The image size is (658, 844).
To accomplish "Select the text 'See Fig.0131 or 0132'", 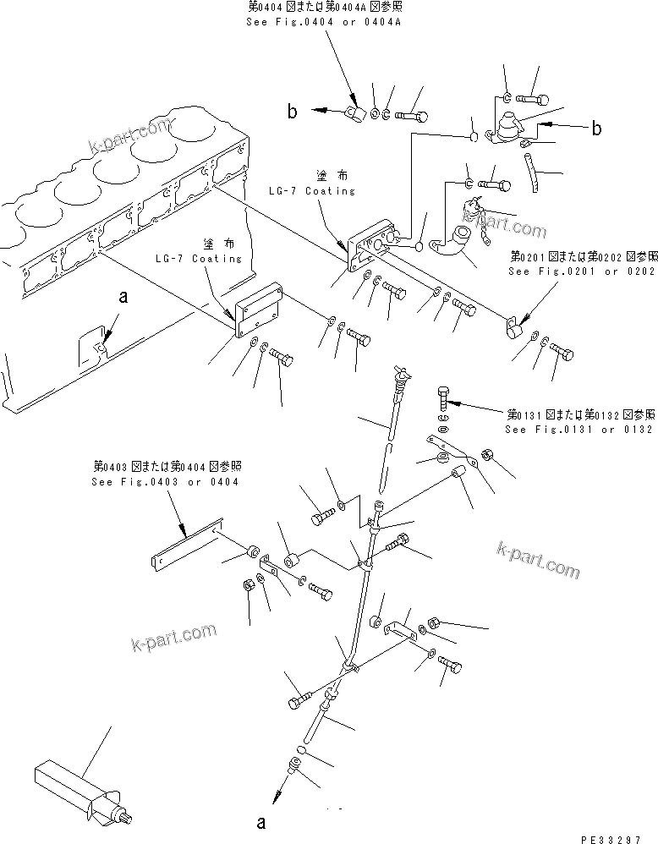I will point(578,429).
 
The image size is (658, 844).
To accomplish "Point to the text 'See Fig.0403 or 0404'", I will point(165,481).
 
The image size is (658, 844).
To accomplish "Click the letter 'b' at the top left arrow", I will point(292,112).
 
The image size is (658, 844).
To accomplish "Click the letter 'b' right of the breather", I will point(596,129).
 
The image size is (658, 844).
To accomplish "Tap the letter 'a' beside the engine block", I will point(123,297).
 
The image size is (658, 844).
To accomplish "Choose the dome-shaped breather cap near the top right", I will point(511,127).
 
